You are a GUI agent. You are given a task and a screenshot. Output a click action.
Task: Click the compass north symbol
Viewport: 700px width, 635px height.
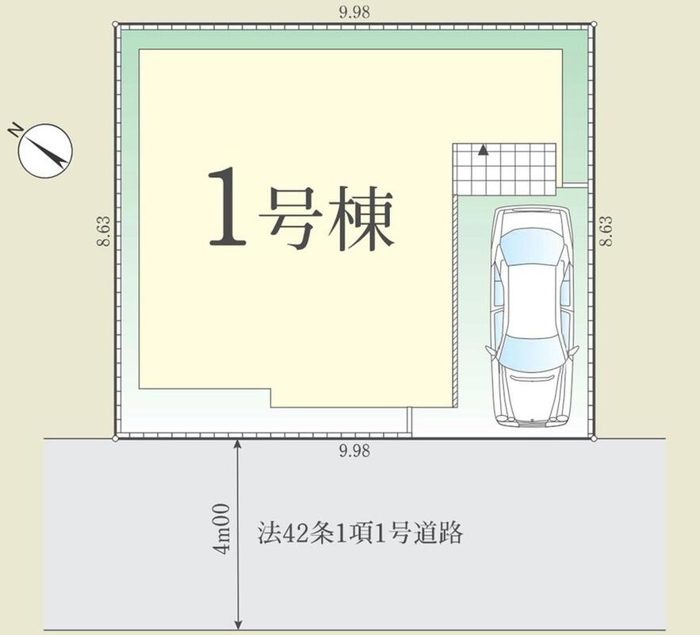point(45,151)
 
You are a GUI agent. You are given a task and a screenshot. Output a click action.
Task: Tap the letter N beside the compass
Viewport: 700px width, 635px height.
point(16,130)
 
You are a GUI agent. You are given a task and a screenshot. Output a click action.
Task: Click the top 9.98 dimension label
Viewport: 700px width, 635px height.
point(354,12)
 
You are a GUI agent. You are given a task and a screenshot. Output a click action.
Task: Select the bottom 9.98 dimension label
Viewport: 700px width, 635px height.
point(354,451)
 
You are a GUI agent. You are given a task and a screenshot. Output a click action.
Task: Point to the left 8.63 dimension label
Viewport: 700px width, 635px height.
point(103,231)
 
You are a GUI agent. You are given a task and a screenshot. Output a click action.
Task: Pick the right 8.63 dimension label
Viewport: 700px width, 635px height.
point(606,231)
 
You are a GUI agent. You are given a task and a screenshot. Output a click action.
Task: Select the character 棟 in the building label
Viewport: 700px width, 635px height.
point(361,217)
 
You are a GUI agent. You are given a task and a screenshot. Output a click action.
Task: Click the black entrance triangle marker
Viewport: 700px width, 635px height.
point(483,150)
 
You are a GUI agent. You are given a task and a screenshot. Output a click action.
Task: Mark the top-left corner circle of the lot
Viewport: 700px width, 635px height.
point(116,24)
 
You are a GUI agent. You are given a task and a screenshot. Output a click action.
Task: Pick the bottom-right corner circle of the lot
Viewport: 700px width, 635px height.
point(593,439)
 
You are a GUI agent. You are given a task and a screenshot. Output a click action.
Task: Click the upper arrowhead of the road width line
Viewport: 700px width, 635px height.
point(238,443)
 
